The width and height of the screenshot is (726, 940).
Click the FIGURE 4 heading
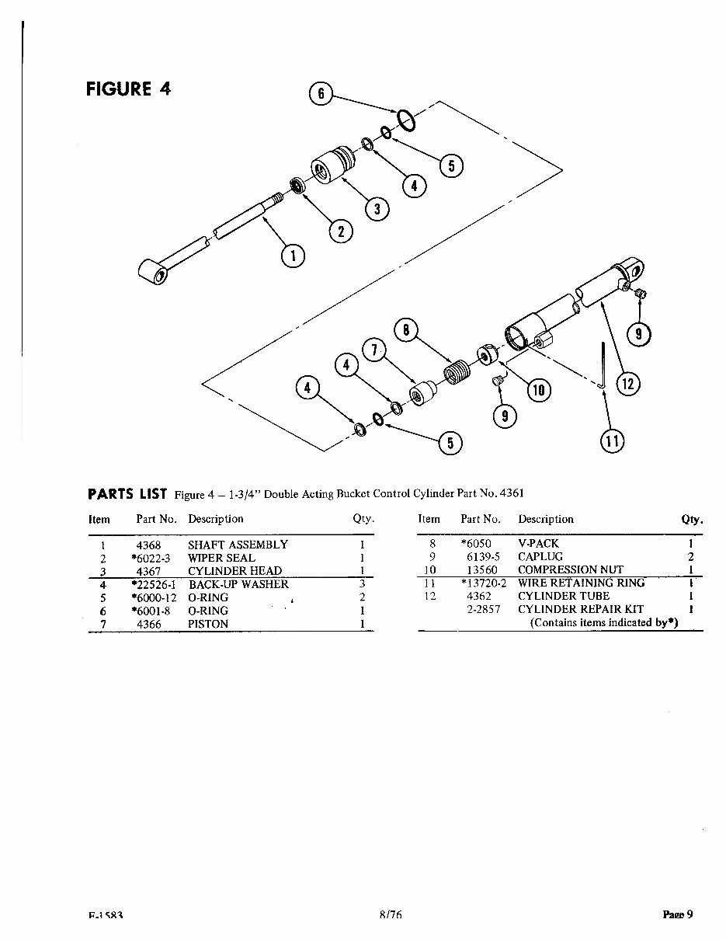tap(128, 88)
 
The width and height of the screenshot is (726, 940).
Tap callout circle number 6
tap(321, 95)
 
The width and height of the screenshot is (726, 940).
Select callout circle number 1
tap(293, 255)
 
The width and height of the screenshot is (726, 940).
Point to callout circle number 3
tap(377, 209)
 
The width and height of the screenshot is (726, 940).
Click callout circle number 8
tap(405, 329)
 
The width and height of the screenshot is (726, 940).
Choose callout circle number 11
tap(612, 441)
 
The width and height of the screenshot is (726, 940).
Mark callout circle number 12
tap(628, 383)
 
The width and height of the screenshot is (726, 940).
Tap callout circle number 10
tap(537, 390)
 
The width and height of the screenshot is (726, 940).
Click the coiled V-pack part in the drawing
tap(457, 371)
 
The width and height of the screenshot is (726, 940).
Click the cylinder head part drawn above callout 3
tap(333, 165)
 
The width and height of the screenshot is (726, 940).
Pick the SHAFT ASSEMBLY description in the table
tap(238, 545)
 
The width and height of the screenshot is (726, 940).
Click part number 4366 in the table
tap(148, 624)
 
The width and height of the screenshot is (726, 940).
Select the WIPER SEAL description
tap(221, 558)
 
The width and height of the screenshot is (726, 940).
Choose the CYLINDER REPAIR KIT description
tap(581, 609)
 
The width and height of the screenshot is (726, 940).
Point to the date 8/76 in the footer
tap(391, 915)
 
